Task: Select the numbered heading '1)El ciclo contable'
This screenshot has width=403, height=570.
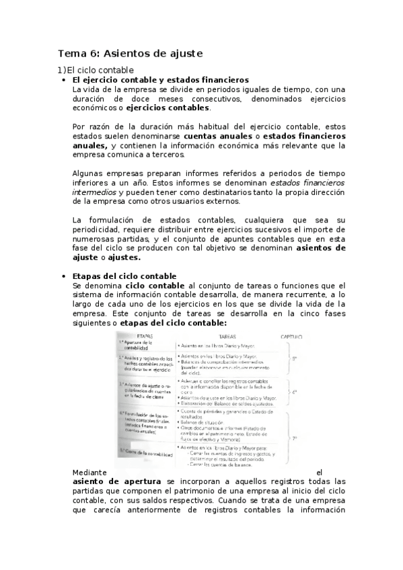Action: [x=95, y=70]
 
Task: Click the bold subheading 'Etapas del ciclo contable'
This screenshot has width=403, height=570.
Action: [x=124, y=276]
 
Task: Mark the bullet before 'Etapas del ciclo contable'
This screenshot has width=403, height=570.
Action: [x=63, y=276]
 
